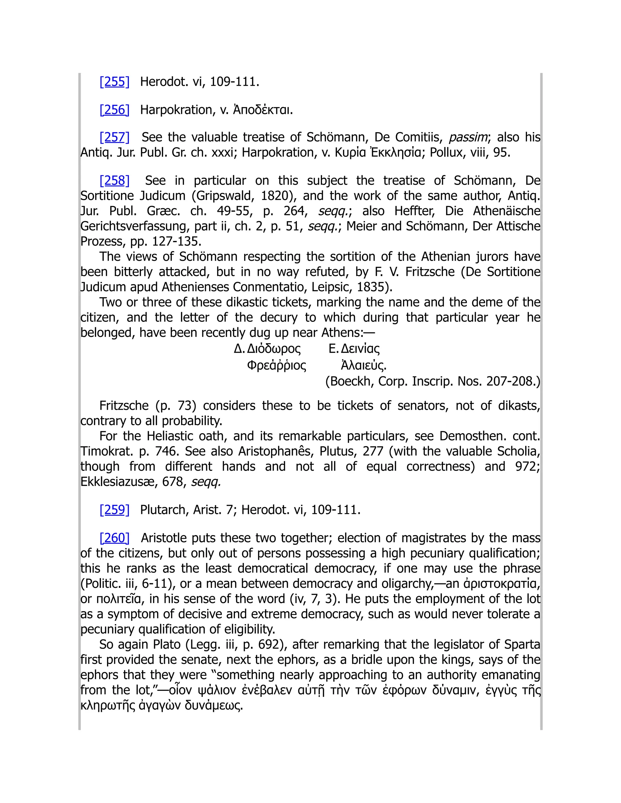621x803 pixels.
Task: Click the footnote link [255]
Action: coord(114,82)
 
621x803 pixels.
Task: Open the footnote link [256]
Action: coord(114,110)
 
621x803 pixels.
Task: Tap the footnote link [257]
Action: coord(114,137)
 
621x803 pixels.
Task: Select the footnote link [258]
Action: coord(114,181)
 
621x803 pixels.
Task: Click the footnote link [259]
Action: coord(114,510)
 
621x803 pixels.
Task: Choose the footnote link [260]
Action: coord(114,538)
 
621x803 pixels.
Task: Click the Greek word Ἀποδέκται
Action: coord(263,110)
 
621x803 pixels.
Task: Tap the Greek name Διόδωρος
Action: coord(274,348)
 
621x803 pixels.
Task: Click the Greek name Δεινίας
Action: coord(360,348)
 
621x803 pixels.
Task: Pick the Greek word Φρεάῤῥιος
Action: coord(276,365)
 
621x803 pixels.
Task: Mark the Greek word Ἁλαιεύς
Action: coord(364,365)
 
